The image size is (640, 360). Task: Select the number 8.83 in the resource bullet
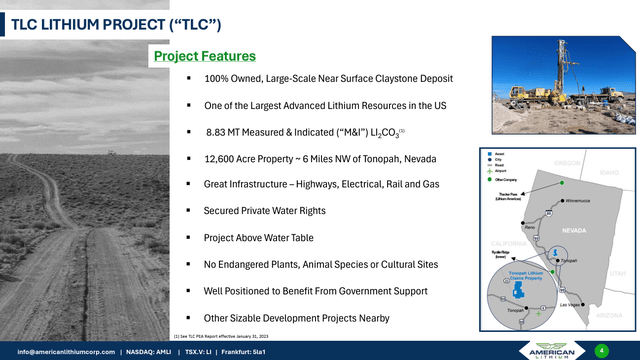click(217, 131)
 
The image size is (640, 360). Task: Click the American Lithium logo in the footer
click(557, 350)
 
